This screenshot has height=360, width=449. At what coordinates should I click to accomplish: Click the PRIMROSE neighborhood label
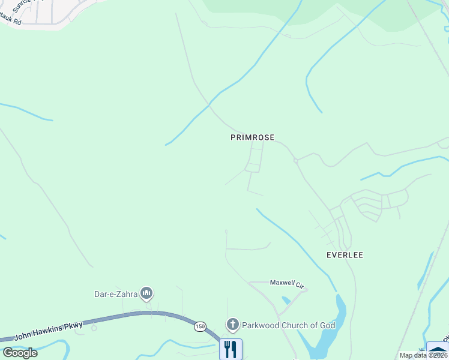coord(252,137)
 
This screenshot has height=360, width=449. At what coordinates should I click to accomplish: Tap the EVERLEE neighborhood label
coord(345,255)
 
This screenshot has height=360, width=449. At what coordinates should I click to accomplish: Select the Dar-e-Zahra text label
coord(115,293)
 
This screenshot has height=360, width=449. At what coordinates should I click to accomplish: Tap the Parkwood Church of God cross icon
coord(233,325)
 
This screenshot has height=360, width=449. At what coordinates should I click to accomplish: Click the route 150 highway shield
coord(200,326)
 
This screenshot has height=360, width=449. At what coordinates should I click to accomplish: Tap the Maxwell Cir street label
coord(288,282)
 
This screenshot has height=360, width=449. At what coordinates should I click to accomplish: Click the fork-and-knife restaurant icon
coord(231,349)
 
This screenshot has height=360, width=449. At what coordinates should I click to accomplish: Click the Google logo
coord(20,353)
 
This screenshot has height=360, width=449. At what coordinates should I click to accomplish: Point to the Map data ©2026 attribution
coord(423,355)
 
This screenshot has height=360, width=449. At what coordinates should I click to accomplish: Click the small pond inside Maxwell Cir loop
coord(286,299)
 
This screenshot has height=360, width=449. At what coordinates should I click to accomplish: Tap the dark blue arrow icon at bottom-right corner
coord(438,350)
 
